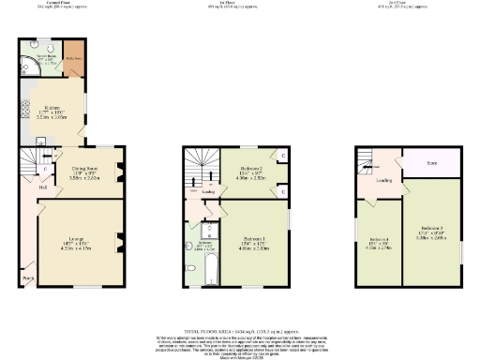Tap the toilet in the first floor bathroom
(x=190, y=232)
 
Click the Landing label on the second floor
(x=384, y=181)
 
